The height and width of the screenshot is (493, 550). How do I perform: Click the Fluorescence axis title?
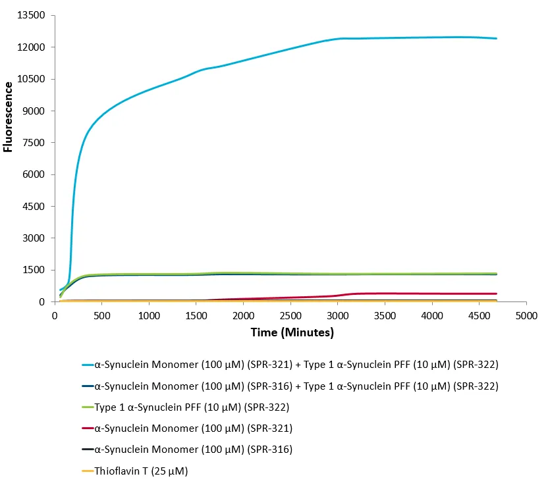[8, 117]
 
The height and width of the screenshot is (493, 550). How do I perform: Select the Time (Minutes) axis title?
[292, 333]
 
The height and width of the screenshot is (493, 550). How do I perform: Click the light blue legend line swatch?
[84, 365]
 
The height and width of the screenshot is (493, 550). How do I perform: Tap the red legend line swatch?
[84, 428]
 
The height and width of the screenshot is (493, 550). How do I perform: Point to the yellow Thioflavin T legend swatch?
[84, 471]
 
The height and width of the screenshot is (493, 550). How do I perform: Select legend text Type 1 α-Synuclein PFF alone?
[192, 407]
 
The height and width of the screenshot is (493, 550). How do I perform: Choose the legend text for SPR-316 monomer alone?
[194, 450]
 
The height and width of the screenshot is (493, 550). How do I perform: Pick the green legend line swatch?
[84, 407]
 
